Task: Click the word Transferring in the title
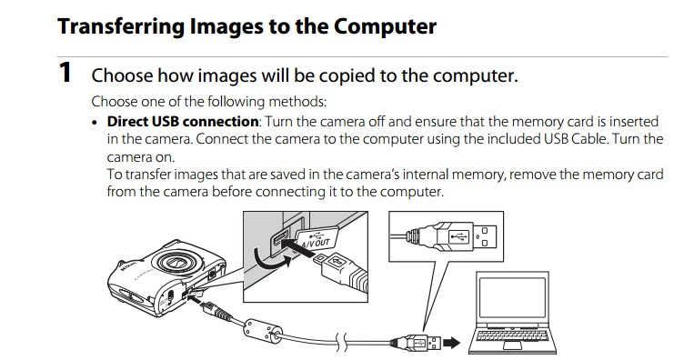119,27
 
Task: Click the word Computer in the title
385,26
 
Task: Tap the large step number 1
65,73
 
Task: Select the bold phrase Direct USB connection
183,121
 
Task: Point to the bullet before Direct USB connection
95,123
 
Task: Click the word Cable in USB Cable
590,139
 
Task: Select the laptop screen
512,297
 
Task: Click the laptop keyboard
512,335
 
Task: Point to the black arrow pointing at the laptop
451,343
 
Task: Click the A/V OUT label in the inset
316,244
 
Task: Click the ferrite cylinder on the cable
264,330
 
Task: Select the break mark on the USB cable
341,343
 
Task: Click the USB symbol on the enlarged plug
459,236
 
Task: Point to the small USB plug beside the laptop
416,343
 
